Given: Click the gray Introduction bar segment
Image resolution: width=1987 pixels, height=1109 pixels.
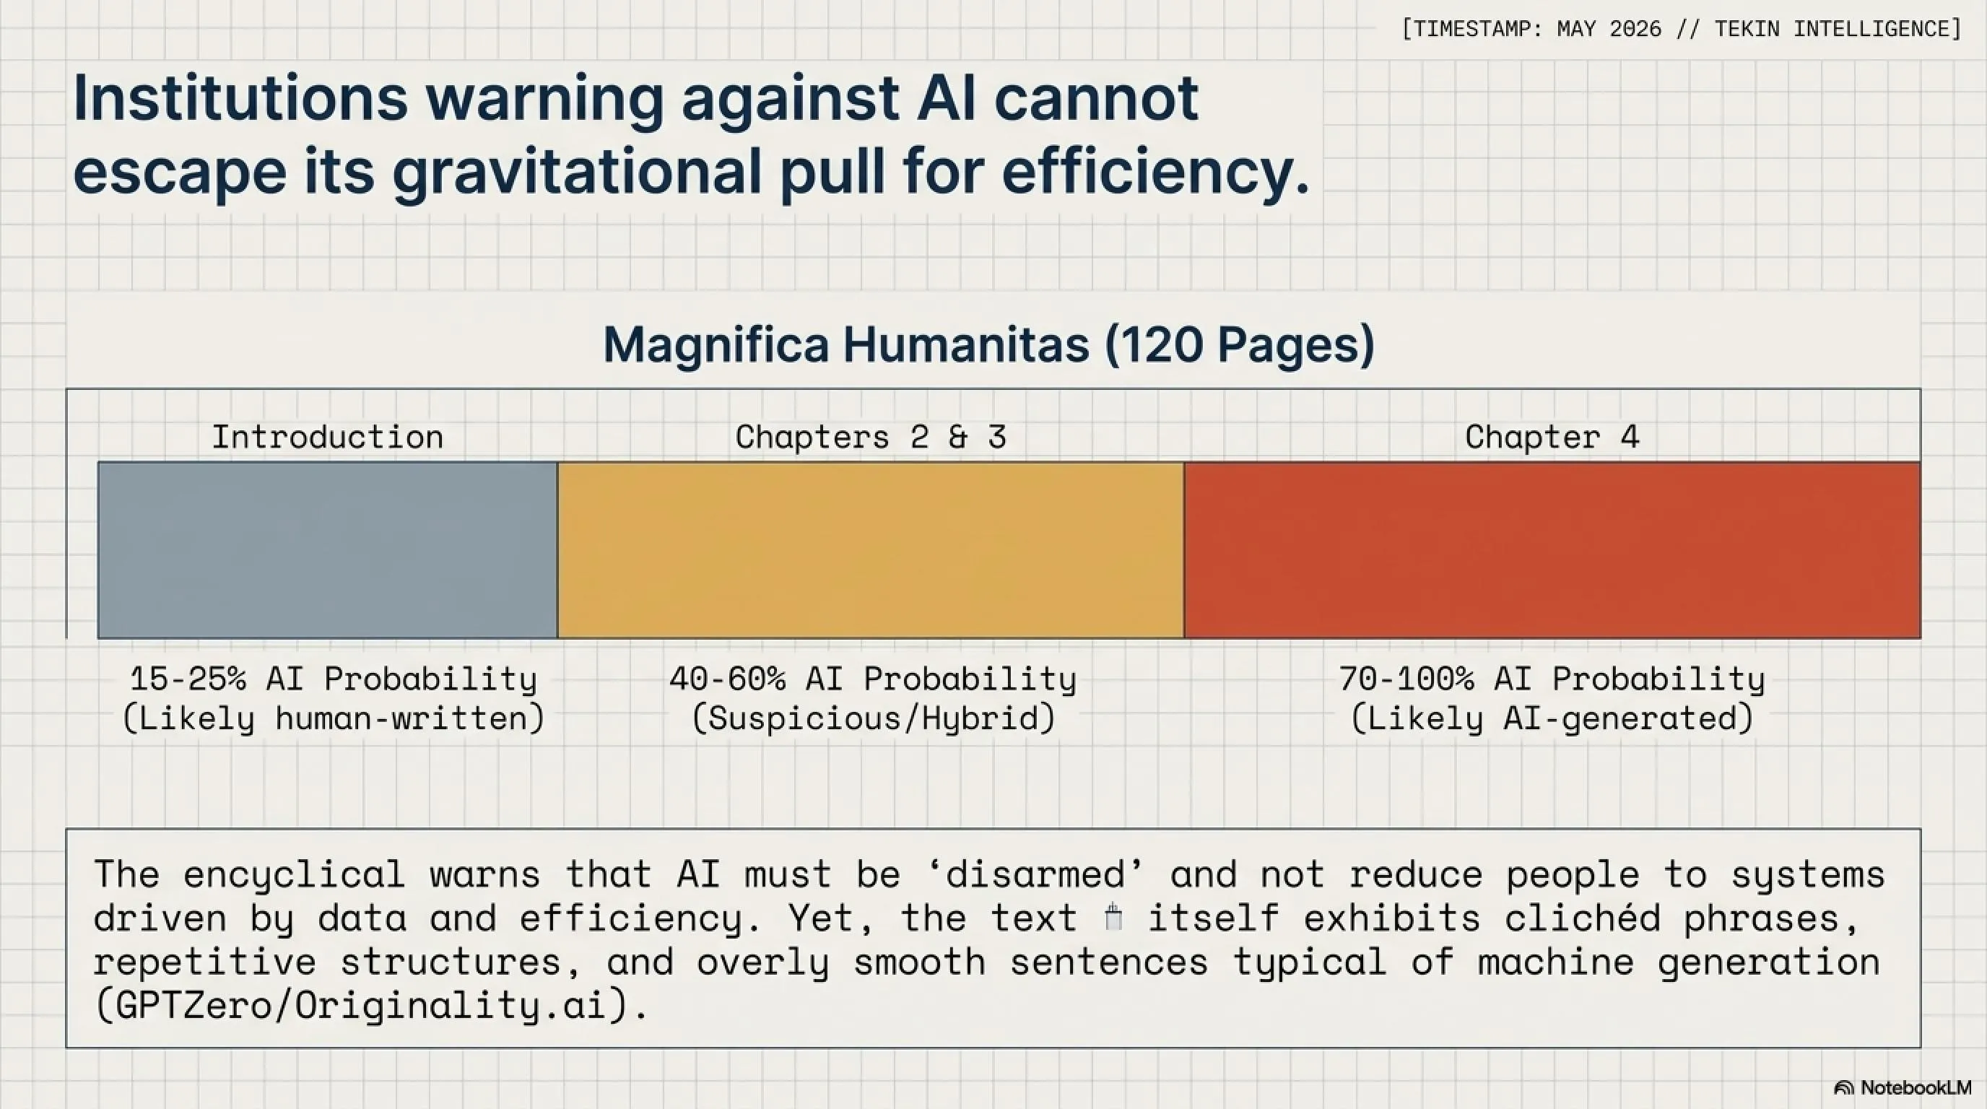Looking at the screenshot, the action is pos(328,550).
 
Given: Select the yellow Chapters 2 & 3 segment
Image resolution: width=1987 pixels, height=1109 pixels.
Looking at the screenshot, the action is pos(871,550).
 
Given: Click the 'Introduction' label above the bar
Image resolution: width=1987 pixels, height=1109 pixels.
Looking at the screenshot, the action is pos(328,438).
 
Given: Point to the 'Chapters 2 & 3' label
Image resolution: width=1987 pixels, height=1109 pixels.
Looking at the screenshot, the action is pos(871,438).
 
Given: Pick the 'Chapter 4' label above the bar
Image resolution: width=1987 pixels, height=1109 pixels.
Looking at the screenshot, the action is pos(1552,438).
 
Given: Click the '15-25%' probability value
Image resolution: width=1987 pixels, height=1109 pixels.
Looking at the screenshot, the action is pos(188,679).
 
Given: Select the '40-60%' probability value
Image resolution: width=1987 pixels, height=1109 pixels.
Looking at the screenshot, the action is pos(727,679).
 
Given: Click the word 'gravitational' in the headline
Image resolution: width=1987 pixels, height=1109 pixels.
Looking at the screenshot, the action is pos(578,172).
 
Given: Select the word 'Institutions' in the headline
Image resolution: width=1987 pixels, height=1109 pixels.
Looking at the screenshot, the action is pos(240,99).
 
